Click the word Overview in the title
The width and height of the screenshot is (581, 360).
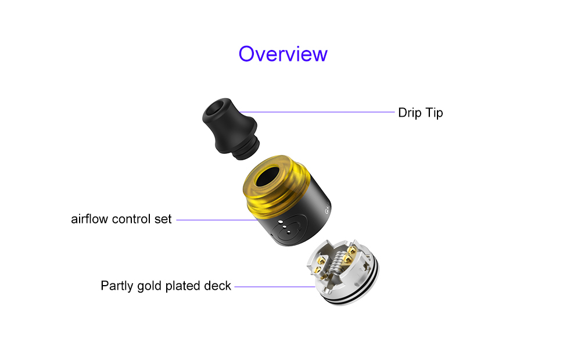(x=283, y=53)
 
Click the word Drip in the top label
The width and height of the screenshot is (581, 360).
(x=410, y=113)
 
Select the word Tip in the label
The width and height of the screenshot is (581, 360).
(x=433, y=113)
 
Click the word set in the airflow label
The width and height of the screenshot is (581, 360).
(x=164, y=219)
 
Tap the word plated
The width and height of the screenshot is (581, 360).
(x=185, y=286)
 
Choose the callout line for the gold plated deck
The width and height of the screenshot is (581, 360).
(x=273, y=286)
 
